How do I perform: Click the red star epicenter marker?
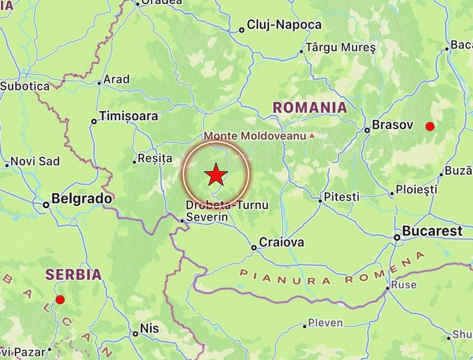pyautogui.click(x=216, y=175)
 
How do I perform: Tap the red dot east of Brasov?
pyautogui.click(x=429, y=126)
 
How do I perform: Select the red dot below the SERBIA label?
pyautogui.click(x=60, y=300)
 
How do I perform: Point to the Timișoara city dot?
pyautogui.click(x=94, y=121)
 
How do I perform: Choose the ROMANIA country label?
pyautogui.click(x=310, y=107)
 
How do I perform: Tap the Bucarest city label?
pyautogui.click(x=432, y=231)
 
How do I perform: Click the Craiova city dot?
pyautogui.click(x=254, y=247)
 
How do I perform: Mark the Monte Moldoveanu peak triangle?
pyautogui.click(x=312, y=136)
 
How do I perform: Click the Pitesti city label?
pyautogui.click(x=341, y=196)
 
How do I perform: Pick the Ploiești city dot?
pyautogui.click(x=392, y=194)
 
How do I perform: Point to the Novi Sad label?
pyautogui.click(x=35, y=162)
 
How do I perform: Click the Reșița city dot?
pyautogui.click(x=135, y=162)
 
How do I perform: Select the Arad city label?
pyautogui.click(x=116, y=79)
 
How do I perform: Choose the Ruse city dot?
pyautogui.click(x=388, y=288)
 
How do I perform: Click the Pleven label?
pyautogui.click(x=325, y=323)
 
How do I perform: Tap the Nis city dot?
pyautogui.click(x=136, y=334)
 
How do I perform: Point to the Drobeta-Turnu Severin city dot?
pyautogui.click(x=182, y=220)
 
